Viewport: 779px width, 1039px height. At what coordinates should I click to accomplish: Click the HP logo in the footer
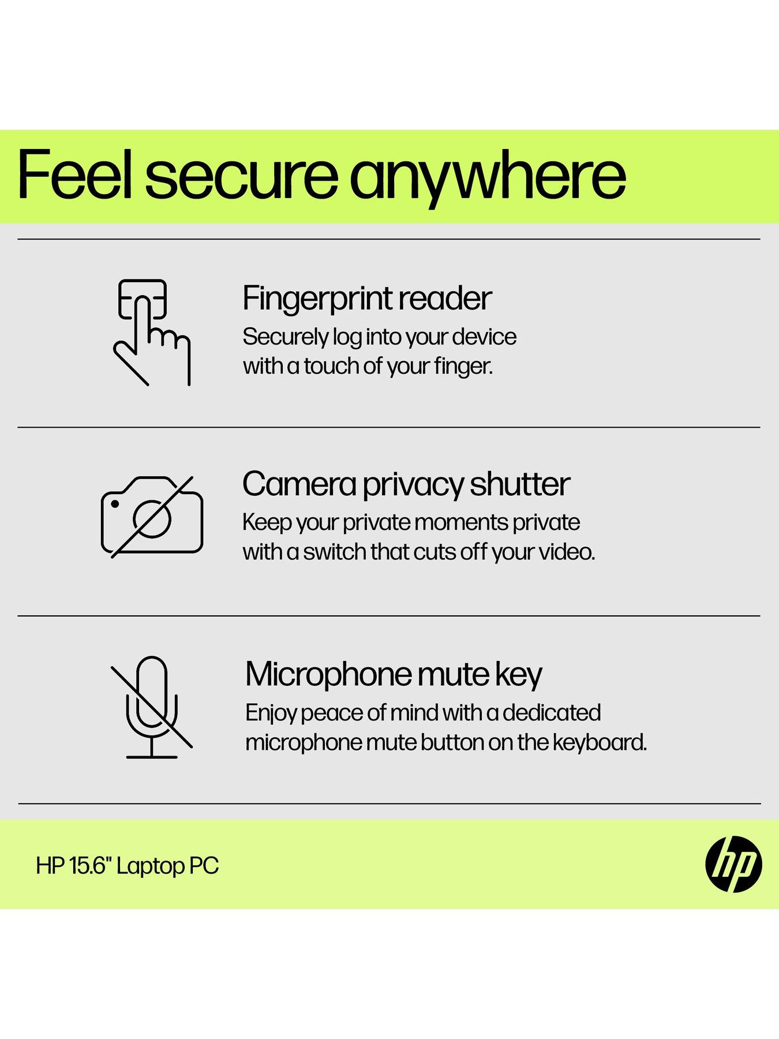(x=733, y=864)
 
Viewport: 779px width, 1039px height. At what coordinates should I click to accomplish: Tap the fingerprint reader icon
(x=151, y=332)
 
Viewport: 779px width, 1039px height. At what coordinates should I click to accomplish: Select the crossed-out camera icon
(x=152, y=517)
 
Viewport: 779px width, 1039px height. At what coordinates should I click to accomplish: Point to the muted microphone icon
(x=151, y=707)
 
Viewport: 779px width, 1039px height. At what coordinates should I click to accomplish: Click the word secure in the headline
(x=241, y=175)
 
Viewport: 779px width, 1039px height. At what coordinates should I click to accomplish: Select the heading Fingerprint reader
(x=367, y=300)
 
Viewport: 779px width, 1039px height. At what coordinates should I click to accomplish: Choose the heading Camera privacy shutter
(x=406, y=485)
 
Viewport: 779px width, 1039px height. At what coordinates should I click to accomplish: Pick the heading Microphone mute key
(x=394, y=675)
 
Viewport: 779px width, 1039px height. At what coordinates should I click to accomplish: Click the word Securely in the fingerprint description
(x=285, y=338)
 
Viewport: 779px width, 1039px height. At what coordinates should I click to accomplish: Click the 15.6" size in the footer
(x=91, y=866)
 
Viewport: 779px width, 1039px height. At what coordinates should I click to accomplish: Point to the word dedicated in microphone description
(x=552, y=713)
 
